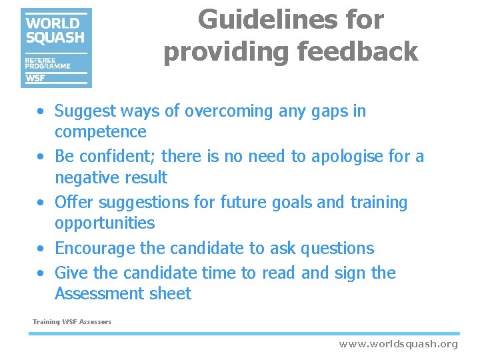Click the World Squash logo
pyautogui.click(x=56, y=47)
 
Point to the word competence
pyautogui.click(x=100, y=132)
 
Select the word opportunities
pyautogui.click(x=104, y=223)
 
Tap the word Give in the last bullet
pyautogui.click(x=69, y=273)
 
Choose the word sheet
pyautogui.click(x=173, y=293)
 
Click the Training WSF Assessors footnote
pyautogui.click(x=72, y=322)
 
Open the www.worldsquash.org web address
pyautogui.click(x=398, y=344)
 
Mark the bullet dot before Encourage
pyautogui.click(x=41, y=249)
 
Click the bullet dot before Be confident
pyautogui.click(x=41, y=157)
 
